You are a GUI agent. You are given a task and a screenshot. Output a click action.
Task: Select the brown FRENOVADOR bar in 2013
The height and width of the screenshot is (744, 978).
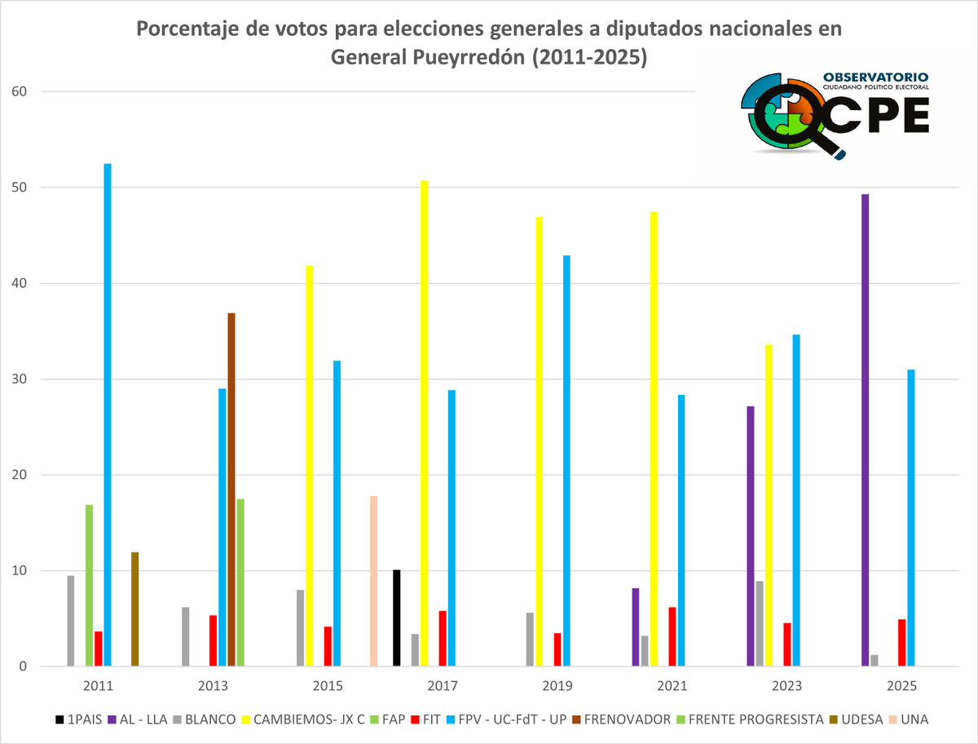click(x=231, y=489)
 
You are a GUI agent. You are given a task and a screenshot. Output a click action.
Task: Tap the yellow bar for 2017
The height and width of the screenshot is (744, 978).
click(x=424, y=423)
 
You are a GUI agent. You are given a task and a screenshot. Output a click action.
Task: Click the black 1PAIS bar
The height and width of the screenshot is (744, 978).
click(x=396, y=618)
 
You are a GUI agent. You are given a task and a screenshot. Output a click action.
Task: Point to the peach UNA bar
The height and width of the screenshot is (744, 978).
click(x=373, y=581)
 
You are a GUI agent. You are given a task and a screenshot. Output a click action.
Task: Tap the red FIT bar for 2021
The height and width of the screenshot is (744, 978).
click(x=672, y=636)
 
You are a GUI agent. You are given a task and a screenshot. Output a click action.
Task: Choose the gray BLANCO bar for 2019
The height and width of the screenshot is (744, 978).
click(x=530, y=640)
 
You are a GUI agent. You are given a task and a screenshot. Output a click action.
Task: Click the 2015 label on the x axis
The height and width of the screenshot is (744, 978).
click(x=328, y=688)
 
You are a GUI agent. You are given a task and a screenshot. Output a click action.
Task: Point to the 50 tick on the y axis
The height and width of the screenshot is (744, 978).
click(x=20, y=188)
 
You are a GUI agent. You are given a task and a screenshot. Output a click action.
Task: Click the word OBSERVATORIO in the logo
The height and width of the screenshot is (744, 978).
click(x=875, y=77)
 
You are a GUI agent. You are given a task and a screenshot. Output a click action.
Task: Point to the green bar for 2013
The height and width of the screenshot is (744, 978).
click(x=240, y=582)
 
